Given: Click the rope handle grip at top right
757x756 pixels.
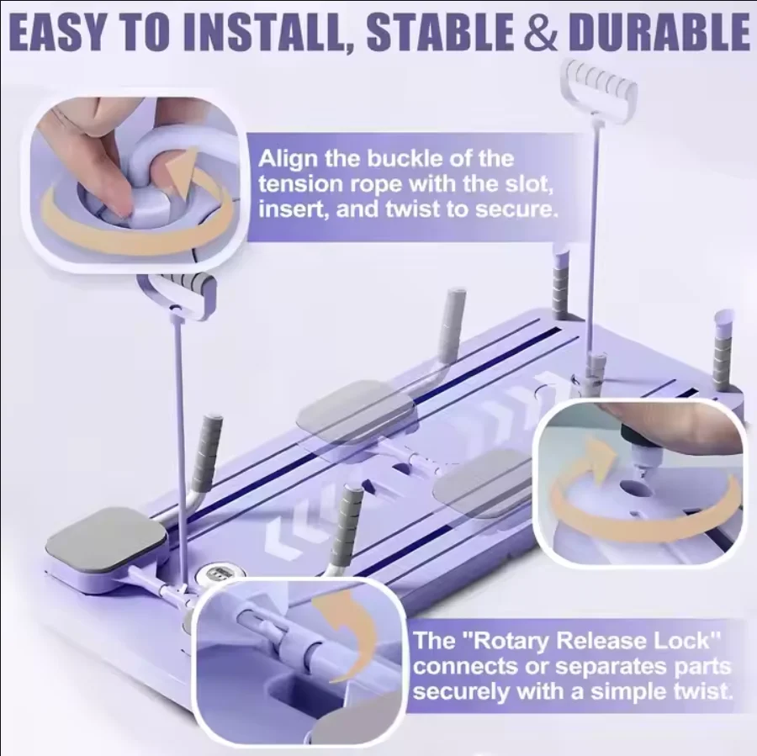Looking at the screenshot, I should pos(600,84).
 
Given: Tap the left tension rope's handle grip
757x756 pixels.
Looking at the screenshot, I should pos(180,290).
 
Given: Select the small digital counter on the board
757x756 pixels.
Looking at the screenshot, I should pos(213,574).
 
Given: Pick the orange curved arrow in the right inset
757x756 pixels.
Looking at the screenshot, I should pos(639,496).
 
